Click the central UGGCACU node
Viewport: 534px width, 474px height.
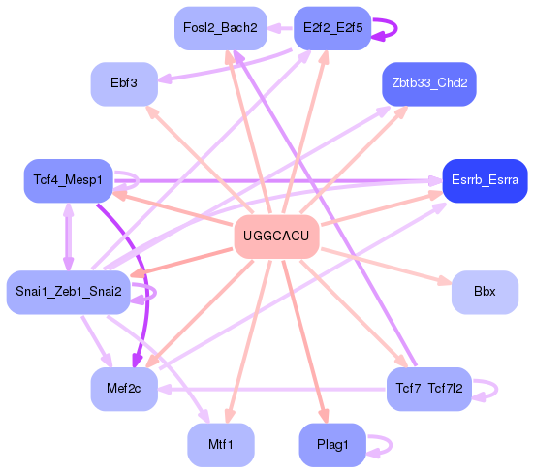[x=277, y=237]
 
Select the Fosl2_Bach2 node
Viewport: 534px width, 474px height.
[x=220, y=28]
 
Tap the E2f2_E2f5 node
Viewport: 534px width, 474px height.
[x=332, y=28]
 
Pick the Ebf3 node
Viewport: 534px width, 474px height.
[x=124, y=83]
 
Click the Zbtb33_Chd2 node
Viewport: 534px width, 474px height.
[x=429, y=83]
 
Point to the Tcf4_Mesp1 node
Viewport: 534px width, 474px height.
[x=68, y=180]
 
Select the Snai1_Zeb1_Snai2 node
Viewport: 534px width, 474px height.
[x=68, y=292]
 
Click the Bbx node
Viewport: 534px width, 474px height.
[x=485, y=292]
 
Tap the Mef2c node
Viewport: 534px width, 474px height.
[x=124, y=389]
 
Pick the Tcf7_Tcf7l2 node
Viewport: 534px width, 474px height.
[x=429, y=389]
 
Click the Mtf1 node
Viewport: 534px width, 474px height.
[x=220, y=444]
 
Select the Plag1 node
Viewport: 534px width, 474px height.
[x=332, y=444]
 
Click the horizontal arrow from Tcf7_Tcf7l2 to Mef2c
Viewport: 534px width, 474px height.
[x=271, y=389]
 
